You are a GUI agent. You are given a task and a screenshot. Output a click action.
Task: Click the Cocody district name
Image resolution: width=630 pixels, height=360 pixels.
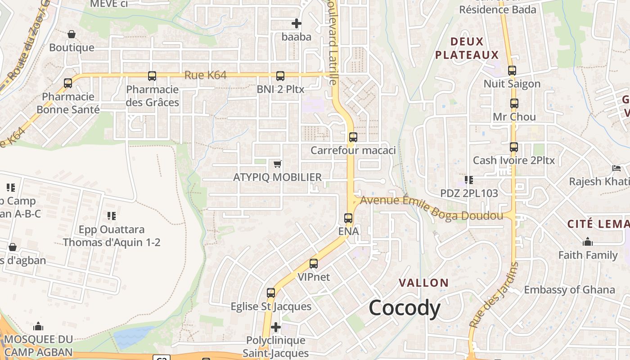pyautogui.click(x=404, y=309)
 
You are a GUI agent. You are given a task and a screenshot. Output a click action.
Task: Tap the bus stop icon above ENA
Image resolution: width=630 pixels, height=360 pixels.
pyautogui.click(x=348, y=218)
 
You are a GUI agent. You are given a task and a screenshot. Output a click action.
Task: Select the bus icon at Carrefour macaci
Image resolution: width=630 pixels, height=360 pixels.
pyautogui.click(x=353, y=137)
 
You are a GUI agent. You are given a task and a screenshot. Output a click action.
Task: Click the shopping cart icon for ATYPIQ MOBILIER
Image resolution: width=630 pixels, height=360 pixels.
pyautogui.click(x=278, y=164)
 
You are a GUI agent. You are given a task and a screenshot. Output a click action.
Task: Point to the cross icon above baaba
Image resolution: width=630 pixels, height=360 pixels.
pyautogui.click(x=297, y=23)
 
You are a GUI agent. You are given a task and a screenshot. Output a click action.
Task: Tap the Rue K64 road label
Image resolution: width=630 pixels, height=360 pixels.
pyautogui.click(x=205, y=75)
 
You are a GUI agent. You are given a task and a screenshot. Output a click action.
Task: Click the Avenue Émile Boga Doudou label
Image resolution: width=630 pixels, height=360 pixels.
pyautogui.click(x=432, y=207)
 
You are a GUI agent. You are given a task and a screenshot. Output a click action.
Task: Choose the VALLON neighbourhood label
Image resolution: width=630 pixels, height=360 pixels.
pyautogui.click(x=424, y=283)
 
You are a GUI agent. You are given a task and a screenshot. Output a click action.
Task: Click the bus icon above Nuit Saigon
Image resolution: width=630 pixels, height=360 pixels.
pyautogui.click(x=512, y=71)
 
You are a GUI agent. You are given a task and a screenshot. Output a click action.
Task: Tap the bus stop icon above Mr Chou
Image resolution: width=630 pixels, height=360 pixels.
pyautogui.click(x=514, y=103)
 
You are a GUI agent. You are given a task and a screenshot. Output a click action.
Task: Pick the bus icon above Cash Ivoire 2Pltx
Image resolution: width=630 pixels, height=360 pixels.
pyautogui.click(x=514, y=147)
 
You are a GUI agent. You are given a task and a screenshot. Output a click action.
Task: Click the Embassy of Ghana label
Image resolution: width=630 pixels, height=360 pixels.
pyautogui.click(x=569, y=290)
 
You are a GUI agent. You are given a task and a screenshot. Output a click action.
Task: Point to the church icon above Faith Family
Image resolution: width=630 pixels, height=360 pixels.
pyautogui.click(x=588, y=242)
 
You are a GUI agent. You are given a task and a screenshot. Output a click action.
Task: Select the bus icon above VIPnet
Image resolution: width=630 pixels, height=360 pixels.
pyautogui.click(x=314, y=264)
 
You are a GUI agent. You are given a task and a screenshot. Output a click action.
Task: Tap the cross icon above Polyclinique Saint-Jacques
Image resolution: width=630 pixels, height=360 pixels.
pyautogui.click(x=276, y=327)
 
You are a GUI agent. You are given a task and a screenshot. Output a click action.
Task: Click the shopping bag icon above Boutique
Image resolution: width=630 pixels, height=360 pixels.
pyautogui.click(x=72, y=34)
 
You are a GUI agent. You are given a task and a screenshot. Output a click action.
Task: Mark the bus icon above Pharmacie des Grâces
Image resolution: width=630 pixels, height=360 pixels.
pyautogui.click(x=152, y=76)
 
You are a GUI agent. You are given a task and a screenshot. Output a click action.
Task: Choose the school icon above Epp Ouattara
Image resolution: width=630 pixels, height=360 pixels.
pyautogui.click(x=112, y=216)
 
